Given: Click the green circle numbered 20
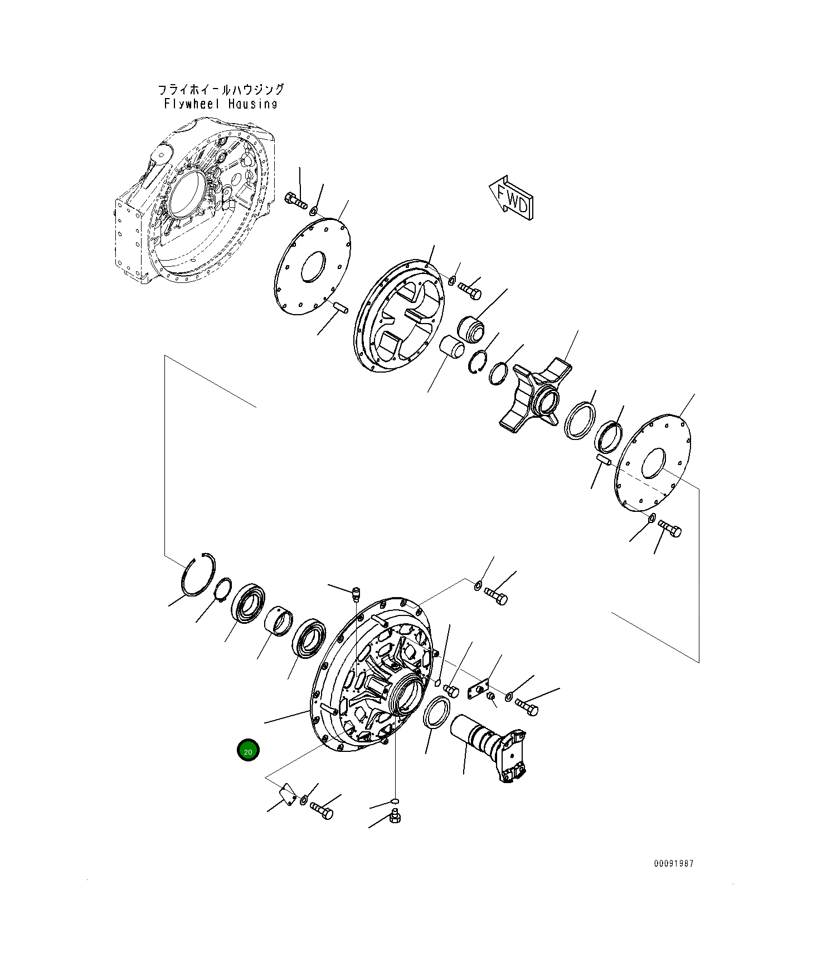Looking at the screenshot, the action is pos(248,751).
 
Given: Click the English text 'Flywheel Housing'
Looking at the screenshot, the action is pos(221,104).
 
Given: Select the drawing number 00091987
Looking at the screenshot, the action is pos(674,863).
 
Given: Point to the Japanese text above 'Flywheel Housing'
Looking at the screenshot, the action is pos(221,89).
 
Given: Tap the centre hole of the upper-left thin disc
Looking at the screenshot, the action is pos(313,266).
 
